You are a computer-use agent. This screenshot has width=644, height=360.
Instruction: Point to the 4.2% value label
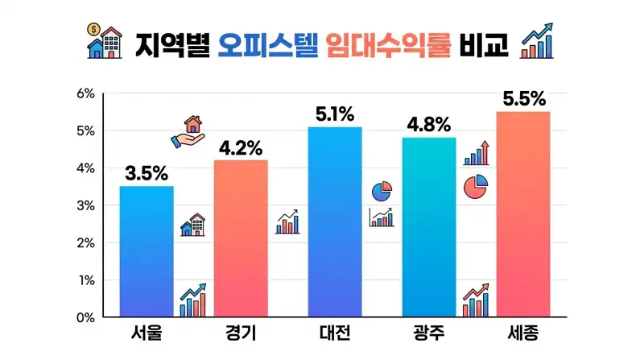[241, 148]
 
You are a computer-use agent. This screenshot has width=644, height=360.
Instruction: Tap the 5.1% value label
[335, 114]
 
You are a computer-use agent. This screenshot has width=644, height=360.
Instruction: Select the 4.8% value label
[429, 126]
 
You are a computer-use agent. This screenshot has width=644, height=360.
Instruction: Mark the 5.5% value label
[523, 99]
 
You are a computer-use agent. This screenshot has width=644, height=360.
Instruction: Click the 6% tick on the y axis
[86, 93]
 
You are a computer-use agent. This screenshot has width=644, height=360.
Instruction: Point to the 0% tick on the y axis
[86, 317]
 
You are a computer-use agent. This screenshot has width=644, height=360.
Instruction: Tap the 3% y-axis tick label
[86, 205]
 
